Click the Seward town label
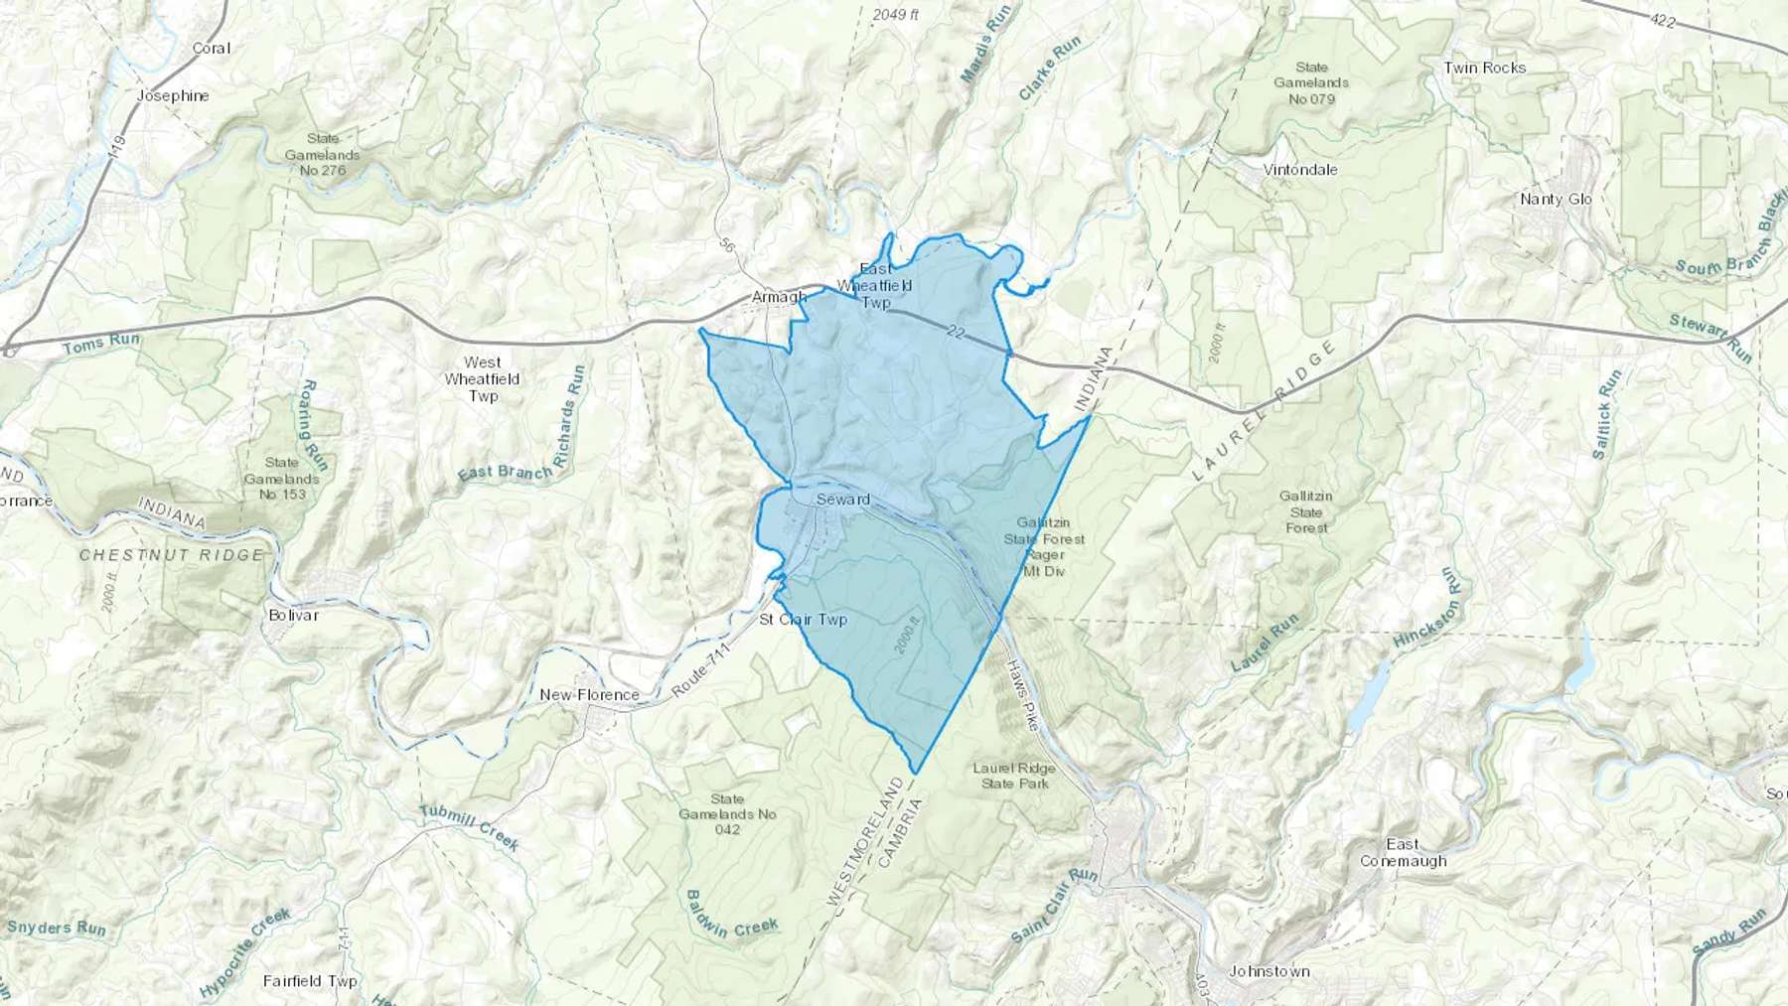pos(842,500)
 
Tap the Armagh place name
pos(779,297)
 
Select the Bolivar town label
pos(294,615)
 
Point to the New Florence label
pos(589,694)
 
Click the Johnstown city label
pos(1268,971)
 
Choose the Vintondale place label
pos(1300,170)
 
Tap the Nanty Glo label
pos(1556,199)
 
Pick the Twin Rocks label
pos(1484,68)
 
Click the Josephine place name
pos(173,96)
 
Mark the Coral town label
pos(211,48)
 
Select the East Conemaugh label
pos(1403,853)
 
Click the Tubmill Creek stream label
pos(469,827)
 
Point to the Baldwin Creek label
pos(731,915)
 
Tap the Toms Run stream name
pos(101,344)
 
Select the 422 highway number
pos(1662,20)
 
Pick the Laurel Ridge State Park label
pos(1014,776)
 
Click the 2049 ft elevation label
pos(896,14)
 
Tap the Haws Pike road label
pos(1022,694)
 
